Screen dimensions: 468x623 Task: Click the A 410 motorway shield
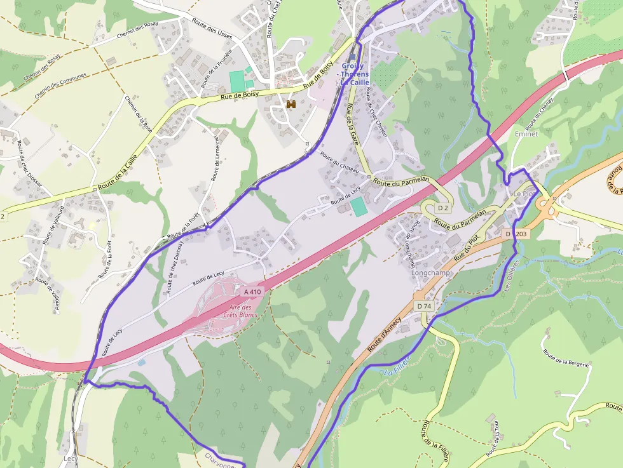(252, 291)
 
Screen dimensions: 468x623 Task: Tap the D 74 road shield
(425, 306)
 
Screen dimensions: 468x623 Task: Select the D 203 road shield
(516, 234)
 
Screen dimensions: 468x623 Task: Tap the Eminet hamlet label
(526, 135)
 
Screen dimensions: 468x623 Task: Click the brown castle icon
(292, 104)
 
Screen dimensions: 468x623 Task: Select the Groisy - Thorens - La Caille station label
(355, 74)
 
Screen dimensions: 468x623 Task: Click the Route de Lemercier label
(216, 159)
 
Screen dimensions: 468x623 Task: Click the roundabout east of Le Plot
(546, 205)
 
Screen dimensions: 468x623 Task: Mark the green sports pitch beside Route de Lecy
(359, 206)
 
